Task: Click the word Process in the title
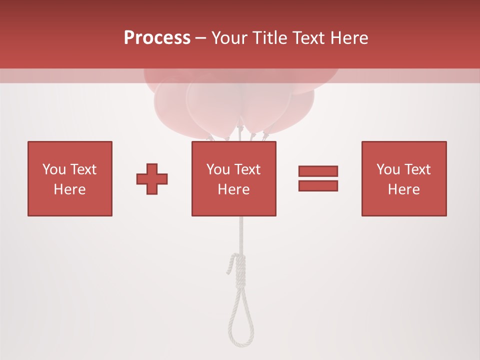click(x=157, y=38)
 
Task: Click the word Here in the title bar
click(x=350, y=38)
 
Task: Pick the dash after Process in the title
click(x=201, y=38)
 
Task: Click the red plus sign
click(x=152, y=179)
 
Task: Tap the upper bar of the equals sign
click(x=318, y=171)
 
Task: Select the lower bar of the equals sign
click(x=318, y=186)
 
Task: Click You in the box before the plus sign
click(x=53, y=169)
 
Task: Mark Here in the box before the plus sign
click(x=69, y=189)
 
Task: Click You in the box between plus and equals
click(x=217, y=169)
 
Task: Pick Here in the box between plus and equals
click(x=233, y=189)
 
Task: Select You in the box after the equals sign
click(x=387, y=169)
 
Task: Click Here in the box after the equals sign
click(x=403, y=189)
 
